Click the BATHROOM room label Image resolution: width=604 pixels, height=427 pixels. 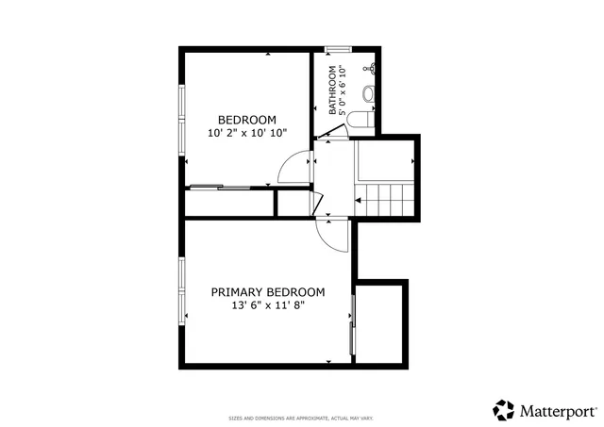(332, 90)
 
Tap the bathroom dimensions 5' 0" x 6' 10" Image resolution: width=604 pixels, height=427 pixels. (343, 90)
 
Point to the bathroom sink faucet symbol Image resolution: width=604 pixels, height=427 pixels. (373, 68)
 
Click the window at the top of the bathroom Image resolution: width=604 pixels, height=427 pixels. (338, 48)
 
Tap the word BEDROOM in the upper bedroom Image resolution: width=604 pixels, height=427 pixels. (246, 120)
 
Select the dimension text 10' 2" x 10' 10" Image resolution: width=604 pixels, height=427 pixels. (246, 133)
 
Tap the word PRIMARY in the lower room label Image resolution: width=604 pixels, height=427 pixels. (237, 292)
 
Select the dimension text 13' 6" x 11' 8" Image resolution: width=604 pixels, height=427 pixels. (267, 305)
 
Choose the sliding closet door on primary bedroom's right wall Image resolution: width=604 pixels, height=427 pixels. (352, 324)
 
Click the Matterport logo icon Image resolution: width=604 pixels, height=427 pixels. (504, 410)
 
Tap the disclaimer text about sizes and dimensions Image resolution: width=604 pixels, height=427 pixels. (301, 418)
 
